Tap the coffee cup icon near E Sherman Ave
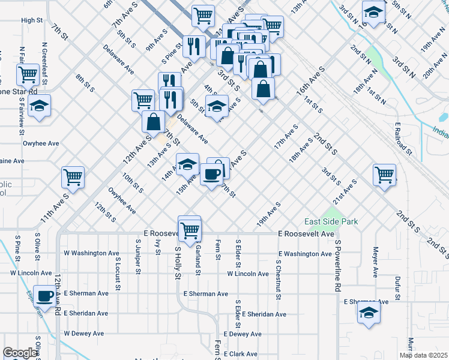[x=44, y=296]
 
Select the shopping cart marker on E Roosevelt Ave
[x=190, y=229]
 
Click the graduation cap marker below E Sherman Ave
[x=369, y=313]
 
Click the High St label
[x=32, y=20]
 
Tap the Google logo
[x=20, y=353]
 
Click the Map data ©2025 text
[x=423, y=355]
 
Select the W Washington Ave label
[x=91, y=253]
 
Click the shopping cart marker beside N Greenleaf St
[x=28, y=75]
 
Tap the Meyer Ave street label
[x=375, y=262]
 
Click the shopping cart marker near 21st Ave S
[x=384, y=175]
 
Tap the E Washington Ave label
[x=304, y=254]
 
